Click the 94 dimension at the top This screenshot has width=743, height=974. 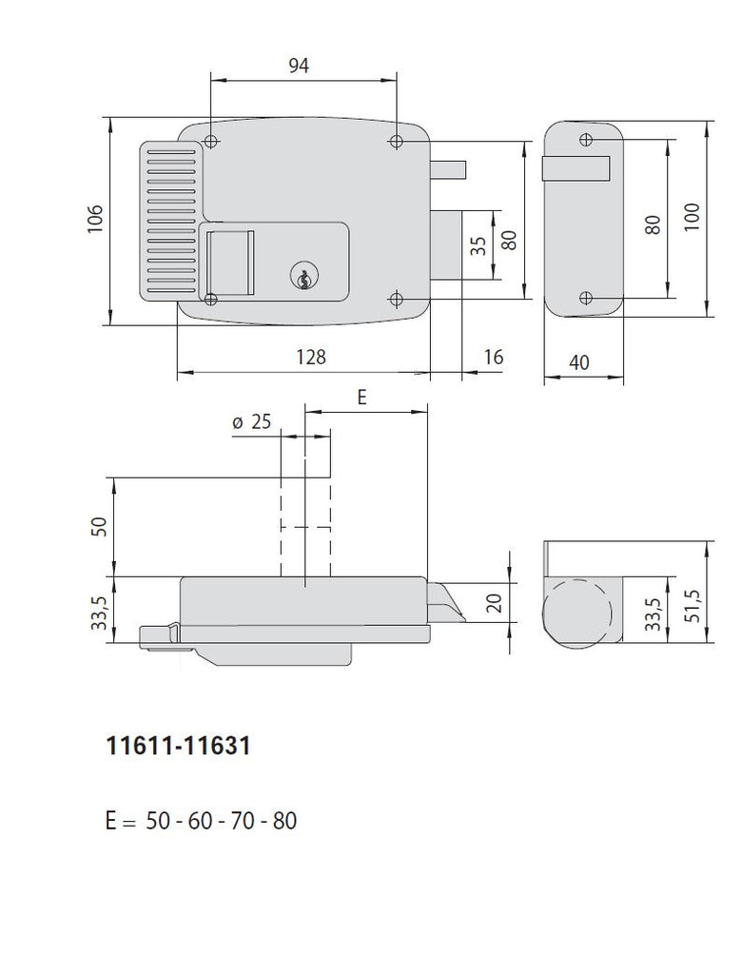299,65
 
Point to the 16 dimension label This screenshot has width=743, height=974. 493,358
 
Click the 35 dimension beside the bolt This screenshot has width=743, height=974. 479,245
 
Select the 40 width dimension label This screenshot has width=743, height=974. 581,361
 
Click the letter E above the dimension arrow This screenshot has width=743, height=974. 362,398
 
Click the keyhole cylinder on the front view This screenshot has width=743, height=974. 302,277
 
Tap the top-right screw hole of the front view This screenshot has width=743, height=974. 397,142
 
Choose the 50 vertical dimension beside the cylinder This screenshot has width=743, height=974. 95,525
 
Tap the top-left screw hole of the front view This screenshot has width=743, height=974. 210,143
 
